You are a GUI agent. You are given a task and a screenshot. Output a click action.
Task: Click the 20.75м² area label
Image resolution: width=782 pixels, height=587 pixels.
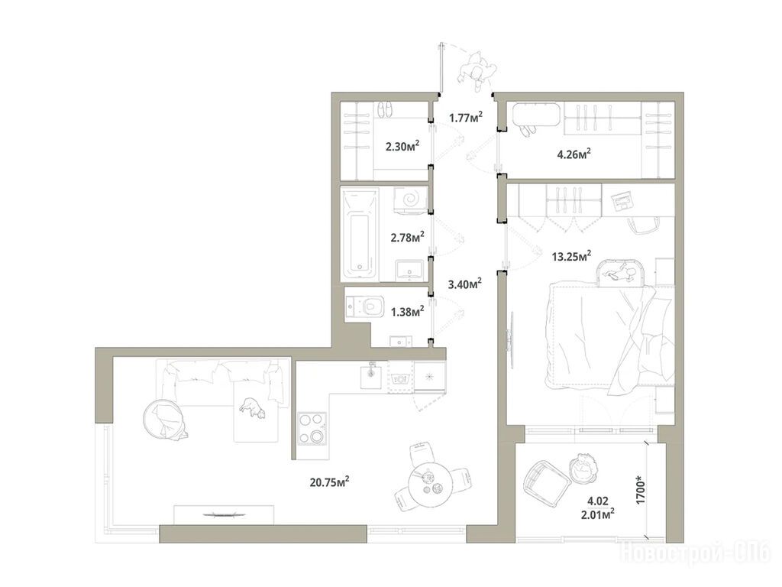tap(329, 482)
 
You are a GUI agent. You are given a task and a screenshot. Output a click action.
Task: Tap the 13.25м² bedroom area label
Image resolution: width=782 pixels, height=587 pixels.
tap(571, 257)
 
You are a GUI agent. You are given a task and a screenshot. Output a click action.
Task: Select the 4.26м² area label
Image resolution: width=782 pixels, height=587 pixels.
tap(574, 154)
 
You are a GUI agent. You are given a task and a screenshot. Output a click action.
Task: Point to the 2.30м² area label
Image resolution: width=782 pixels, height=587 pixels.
tap(402, 146)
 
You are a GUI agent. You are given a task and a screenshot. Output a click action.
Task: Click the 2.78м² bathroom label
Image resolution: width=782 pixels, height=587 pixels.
tap(408, 237)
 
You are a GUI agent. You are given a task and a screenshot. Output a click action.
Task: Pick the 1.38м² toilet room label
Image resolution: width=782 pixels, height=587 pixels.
tap(408, 312)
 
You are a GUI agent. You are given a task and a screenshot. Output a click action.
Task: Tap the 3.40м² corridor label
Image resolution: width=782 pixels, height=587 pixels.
tap(465, 284)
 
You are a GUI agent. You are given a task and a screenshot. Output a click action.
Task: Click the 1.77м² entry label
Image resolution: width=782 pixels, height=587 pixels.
tap(466, 118)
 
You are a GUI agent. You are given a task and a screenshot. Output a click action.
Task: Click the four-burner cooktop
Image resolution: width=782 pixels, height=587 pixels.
tap(312, 428)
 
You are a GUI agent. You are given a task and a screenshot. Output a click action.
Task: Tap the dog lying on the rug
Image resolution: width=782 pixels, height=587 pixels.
tap(252, 407)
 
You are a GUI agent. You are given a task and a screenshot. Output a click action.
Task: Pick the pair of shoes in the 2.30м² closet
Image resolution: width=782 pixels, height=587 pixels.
tap(383, 110)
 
